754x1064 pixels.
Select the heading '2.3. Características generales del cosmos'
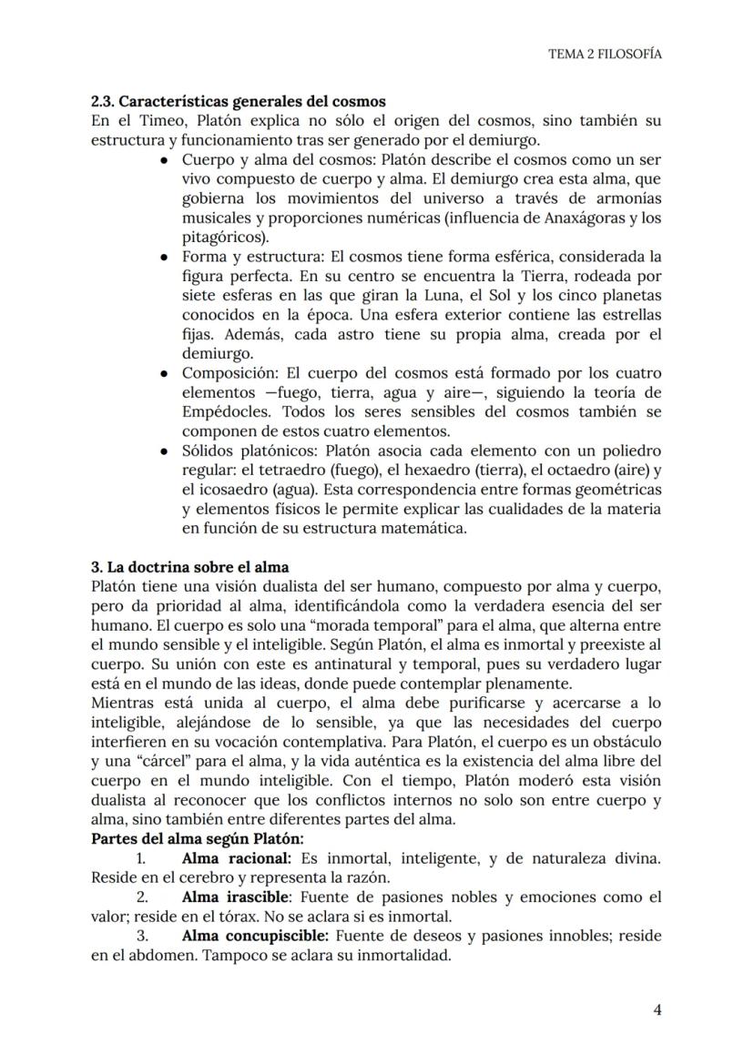pyautogui.click(x=239, y=101)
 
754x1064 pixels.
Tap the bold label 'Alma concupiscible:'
pyautogui.click(x=256, y=936)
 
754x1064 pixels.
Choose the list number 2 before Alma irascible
pyautogui.click(x=141, y=897)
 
